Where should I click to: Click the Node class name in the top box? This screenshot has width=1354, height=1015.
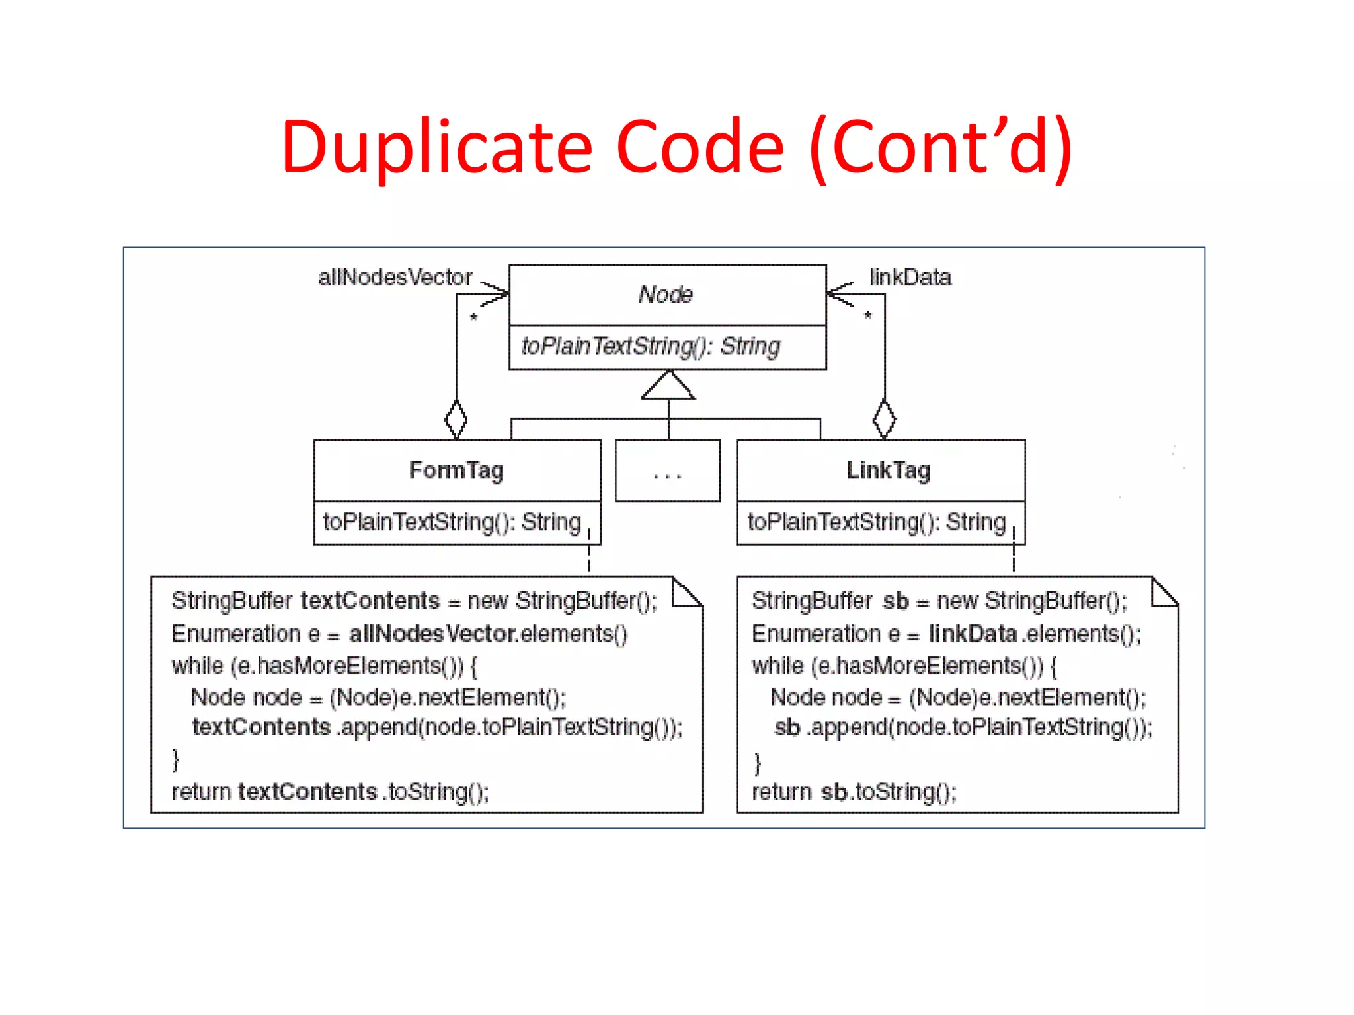666,294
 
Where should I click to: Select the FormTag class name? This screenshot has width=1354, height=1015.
456,470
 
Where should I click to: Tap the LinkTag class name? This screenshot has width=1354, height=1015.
888,470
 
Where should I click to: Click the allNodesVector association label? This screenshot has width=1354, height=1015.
395,277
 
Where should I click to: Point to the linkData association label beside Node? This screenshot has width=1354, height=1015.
910,277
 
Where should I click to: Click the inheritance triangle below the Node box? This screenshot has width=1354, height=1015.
668,386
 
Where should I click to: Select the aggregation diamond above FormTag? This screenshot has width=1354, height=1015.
456,419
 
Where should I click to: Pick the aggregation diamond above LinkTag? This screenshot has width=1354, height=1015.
884,419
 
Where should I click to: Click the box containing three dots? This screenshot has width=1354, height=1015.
667,471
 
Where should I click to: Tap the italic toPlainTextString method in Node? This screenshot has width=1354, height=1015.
651,346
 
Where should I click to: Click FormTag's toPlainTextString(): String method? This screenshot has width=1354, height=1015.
452,522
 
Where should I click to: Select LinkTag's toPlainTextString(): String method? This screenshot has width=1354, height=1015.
876,522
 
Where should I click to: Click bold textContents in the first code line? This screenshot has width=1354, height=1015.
370,601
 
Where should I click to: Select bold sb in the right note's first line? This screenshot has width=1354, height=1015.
896,601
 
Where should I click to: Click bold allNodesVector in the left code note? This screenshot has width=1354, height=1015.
432,634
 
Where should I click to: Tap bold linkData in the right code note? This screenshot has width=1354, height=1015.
973,634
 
